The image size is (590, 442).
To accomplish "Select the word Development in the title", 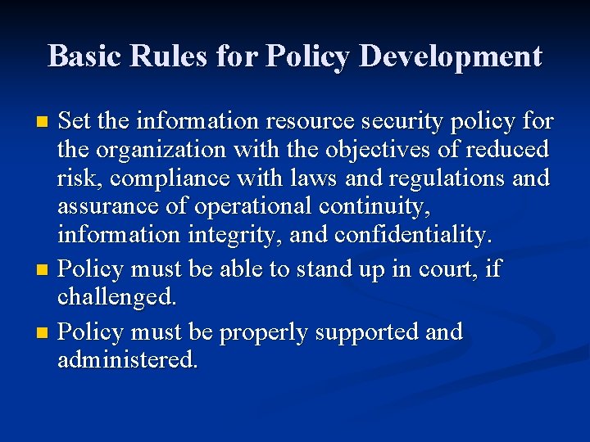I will (450, 56).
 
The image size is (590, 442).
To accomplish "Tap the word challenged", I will (116, 297).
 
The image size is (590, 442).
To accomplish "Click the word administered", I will (128, 360).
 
